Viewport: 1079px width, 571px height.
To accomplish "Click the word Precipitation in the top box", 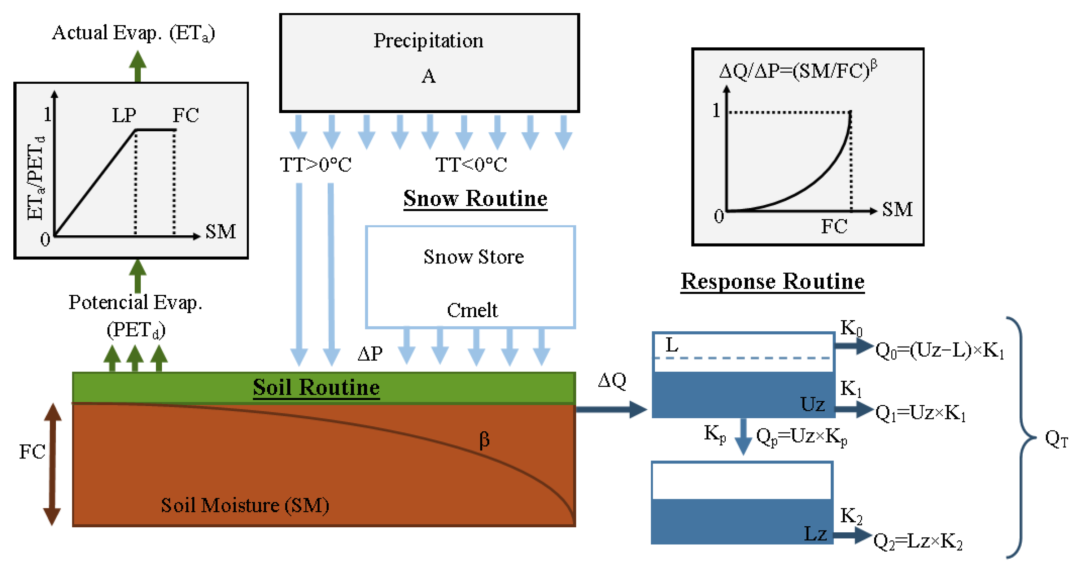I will (428, 41).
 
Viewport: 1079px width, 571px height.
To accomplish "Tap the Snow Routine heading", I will (475, 199).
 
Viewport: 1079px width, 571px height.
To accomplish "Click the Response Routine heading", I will (772, 281).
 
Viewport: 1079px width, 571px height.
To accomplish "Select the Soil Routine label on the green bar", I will (316, 387).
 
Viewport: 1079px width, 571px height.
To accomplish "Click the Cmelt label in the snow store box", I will (472, 310).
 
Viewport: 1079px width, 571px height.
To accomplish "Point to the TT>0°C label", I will (315, 165).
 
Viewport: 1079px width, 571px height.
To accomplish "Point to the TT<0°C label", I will (471, 165).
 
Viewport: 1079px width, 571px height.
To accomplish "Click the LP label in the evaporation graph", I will (124, 115).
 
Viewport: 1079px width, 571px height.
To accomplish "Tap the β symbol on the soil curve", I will (484, 440).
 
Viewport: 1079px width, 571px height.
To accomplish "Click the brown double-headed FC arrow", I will (52, 464).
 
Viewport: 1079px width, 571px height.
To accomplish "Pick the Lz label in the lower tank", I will (815, 534).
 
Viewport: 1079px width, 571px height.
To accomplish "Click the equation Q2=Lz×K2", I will (917, 542).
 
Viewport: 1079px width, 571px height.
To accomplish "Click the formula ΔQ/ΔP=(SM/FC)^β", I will (798, 70).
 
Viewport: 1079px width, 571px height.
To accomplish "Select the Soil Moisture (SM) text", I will (245, 505).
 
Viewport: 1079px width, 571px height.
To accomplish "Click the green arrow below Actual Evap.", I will (137, 66).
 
